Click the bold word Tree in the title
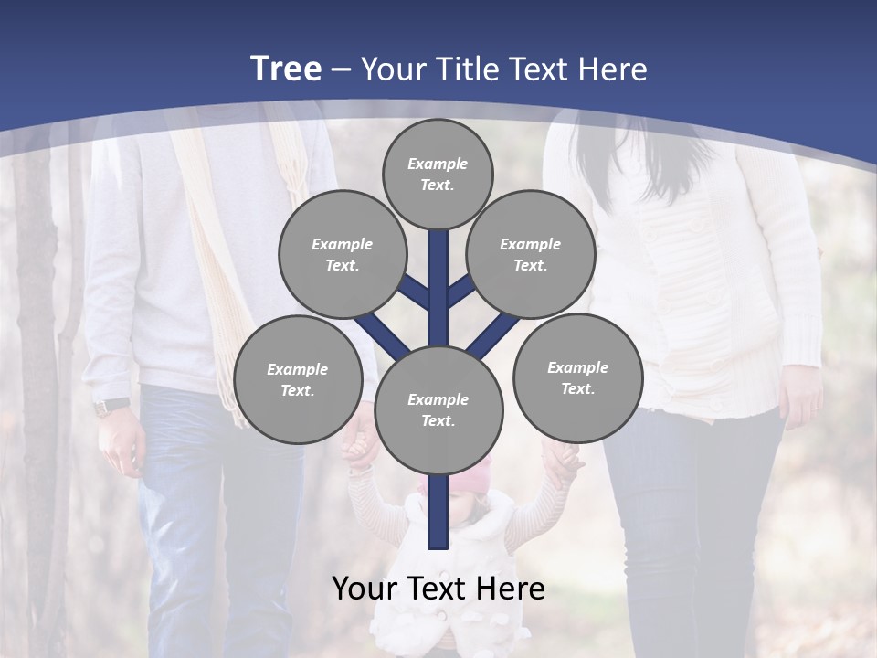pyautogui.click(x=286, y=69)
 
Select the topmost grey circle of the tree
pyautogui.click(x=438, y=174)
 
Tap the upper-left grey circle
pyautogui.click(x=342, y=255)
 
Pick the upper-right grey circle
pyautogui.click(x=531, y=255)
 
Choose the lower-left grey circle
pyautogui.click(x=297, y=379)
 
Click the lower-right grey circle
pyautogui.click(x=576, y=377)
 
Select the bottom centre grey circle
pyautogui.click(x=438, y=410)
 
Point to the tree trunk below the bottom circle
pyautogui.click(x=438, y=512)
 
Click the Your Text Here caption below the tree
pyautogui.click(x=438, y=589)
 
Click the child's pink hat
pyautogui.click(x=457, y=475)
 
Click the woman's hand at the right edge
pyautogui.click(x=802, y=402)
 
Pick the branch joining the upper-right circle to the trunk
pyautogui.click(x=461, y=291)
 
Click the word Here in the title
pyautogui.click(x=617, y=69)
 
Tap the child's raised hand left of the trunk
pyautogui.click(x=358, y=450)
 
